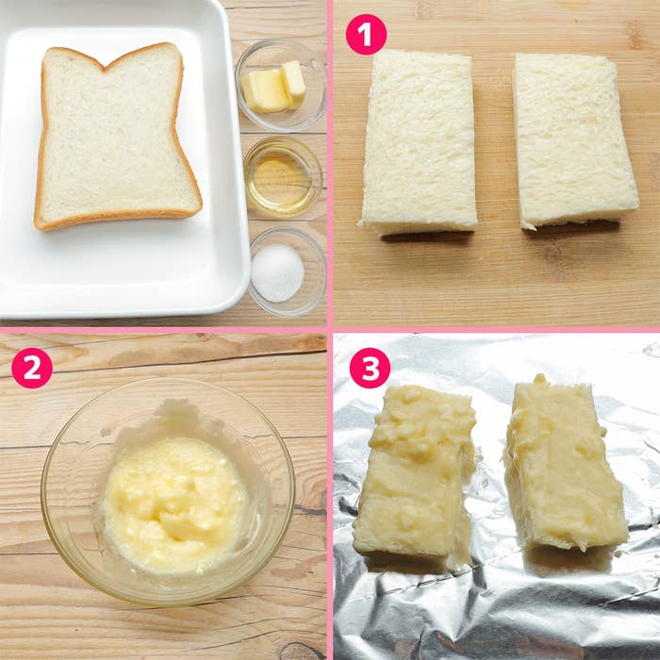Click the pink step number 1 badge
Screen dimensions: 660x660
coord(366,34)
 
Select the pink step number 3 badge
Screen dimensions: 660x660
coord(370,368)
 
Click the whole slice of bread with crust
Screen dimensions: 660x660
coord(118,138)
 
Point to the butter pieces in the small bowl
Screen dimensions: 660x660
coord(273,88)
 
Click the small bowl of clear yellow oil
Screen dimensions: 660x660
coord(283,176)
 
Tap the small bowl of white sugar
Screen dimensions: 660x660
coord(288,272)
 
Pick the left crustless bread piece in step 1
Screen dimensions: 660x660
coord(420,141)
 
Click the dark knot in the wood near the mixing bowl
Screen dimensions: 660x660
coord(300,651)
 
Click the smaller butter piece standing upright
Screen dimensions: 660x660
coord(293,84)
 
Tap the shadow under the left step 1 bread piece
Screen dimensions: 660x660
coord(426,237)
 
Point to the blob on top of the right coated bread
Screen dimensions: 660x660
coord(539,378)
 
